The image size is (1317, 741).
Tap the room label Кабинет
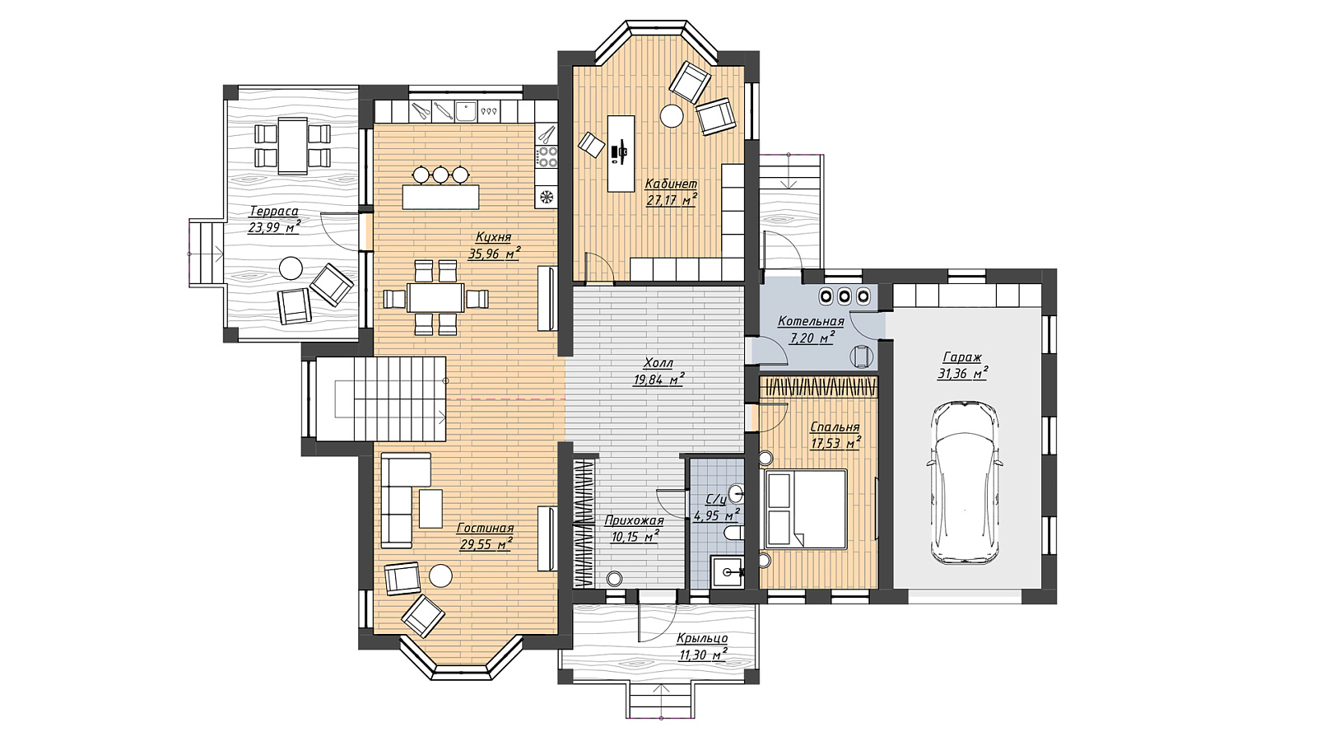671,184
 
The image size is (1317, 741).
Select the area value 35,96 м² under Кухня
495,254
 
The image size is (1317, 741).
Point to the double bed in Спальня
806,510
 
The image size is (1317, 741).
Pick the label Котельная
811,321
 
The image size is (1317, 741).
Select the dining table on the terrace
293,146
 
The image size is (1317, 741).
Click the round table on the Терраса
291,268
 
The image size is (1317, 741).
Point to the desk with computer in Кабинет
621,153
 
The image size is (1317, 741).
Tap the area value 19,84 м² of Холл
658,380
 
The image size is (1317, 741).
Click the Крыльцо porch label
702,638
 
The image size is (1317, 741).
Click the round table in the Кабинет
672,115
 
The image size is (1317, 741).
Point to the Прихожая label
634,520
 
